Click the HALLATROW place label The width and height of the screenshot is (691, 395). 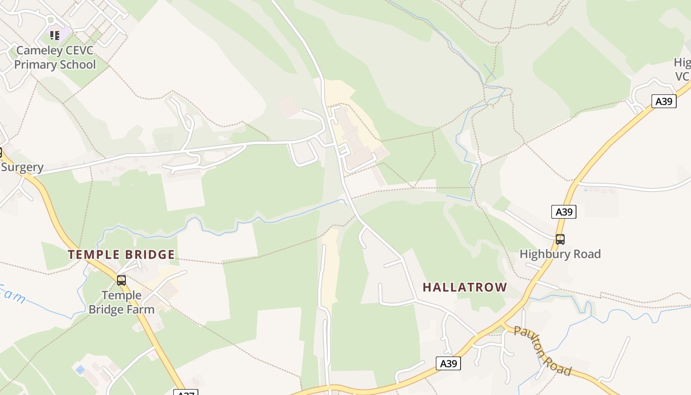pos(465,287)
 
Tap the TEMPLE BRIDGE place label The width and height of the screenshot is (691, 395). pos(121,255)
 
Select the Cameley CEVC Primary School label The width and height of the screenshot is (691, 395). pos(54,57)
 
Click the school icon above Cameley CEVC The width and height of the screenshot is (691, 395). pos(55,36)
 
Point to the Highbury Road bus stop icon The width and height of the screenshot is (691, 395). pos(560,239)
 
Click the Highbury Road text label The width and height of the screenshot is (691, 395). pos(560,254)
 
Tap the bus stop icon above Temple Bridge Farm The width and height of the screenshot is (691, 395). pos(121,280)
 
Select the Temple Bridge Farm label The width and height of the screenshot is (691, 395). pos(121,302)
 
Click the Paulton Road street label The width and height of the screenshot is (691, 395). pos(542,351)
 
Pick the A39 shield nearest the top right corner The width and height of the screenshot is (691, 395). pos(664,101)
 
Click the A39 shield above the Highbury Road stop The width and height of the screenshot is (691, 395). pos(564,212)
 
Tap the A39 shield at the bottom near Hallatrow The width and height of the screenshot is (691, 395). pos(448,363)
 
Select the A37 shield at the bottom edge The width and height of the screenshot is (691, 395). pos(186,393)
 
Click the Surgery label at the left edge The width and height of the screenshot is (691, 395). pos(22,167)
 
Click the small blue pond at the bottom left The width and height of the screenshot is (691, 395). pos(79,369)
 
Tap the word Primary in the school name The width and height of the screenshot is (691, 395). pos(35,65)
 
